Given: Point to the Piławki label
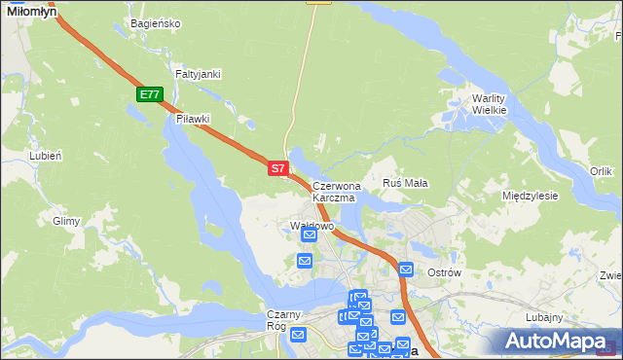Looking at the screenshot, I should tap(194, 119).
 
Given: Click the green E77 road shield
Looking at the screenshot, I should tap(149, 94).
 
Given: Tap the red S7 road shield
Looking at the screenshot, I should tap(277, 168).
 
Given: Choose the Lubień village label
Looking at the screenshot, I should tap(46, 156).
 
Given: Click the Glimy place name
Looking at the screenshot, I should tap(66, 221).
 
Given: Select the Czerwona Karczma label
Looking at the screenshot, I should tap(336, 191).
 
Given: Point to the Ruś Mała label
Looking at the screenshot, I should tap(406, 183).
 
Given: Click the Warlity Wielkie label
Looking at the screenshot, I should tap(490, 104).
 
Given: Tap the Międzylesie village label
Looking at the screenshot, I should tap(530, 196).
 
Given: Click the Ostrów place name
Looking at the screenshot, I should tap(444, 272).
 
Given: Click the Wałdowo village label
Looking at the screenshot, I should tap(312, 226).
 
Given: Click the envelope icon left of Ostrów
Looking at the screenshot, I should tap(406, 270).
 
